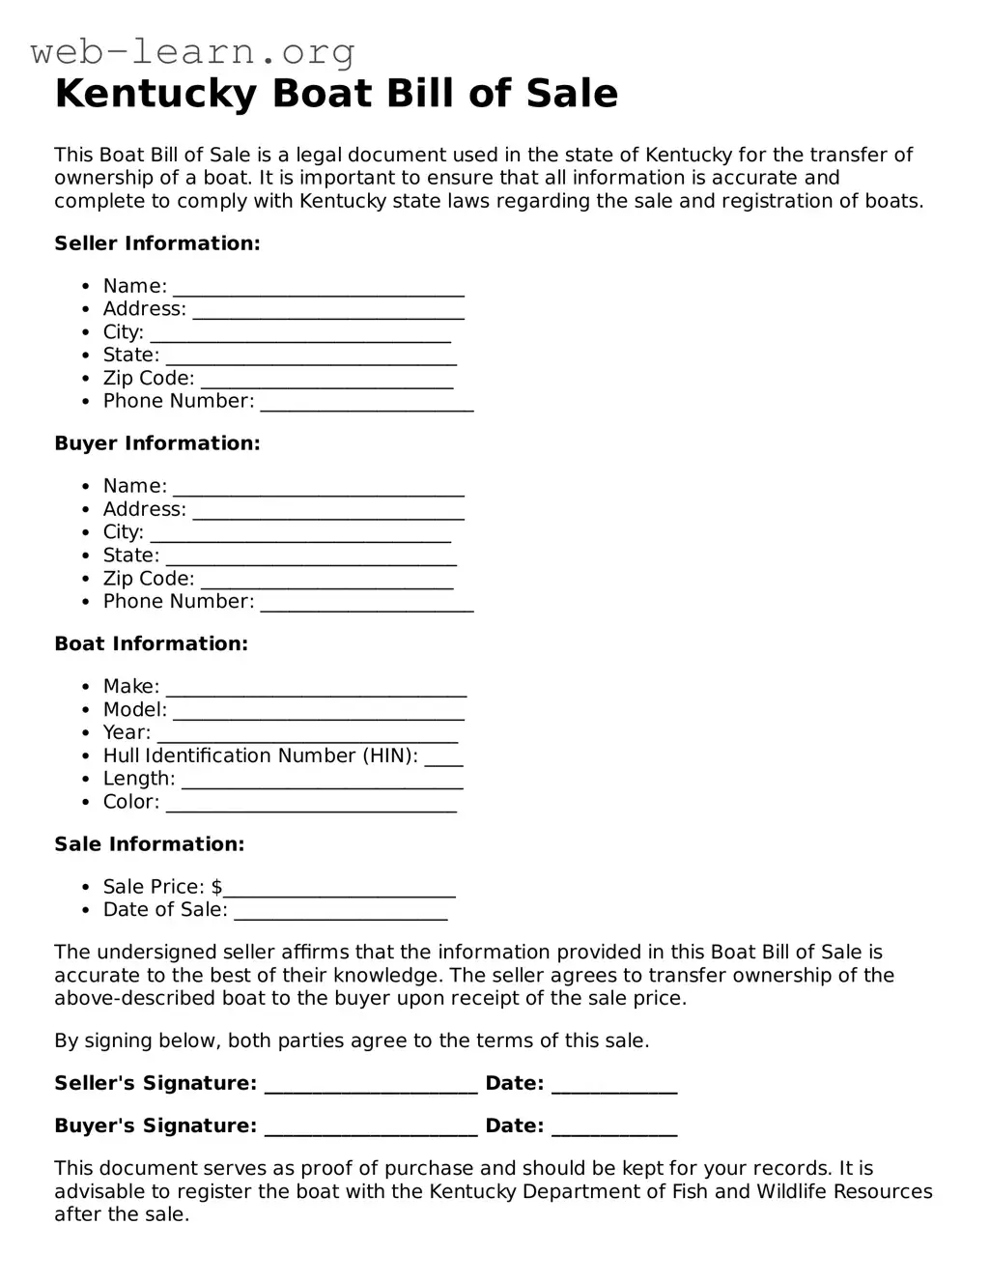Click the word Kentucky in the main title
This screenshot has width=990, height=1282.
tap(156, 94)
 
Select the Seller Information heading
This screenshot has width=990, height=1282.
tap(156, 243)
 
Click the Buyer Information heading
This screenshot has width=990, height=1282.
tap(156, 443)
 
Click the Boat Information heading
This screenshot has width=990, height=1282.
tap(151, 643)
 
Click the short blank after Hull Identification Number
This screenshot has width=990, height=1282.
tap(443, 760)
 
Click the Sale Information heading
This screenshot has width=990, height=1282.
tap(149, 844)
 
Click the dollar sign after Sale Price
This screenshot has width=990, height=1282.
tap(216, 887)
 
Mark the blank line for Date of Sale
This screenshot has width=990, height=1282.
tap(340, 914)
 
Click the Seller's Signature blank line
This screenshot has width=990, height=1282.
tap(370, 1088)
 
